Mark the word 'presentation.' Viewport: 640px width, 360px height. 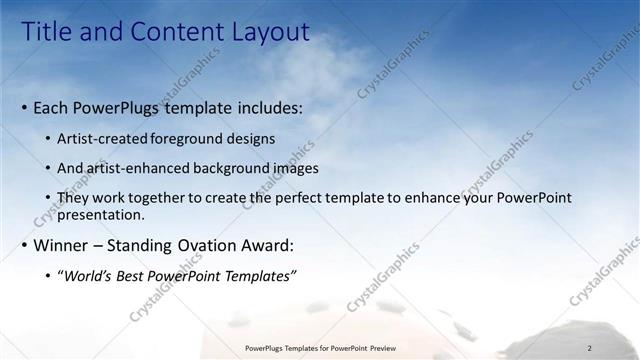101,214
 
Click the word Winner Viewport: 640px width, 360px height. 65,245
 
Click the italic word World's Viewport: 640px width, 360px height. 88,276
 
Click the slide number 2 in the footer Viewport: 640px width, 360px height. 590,348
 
